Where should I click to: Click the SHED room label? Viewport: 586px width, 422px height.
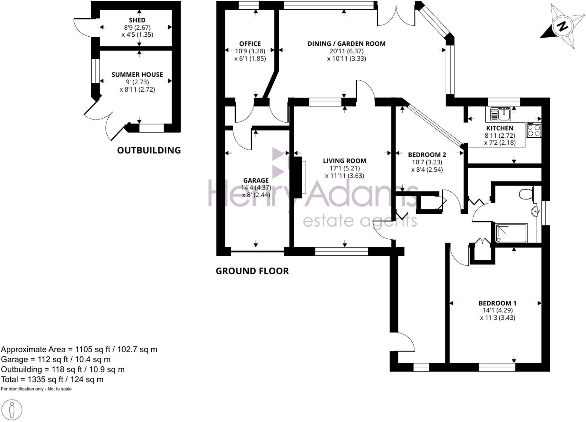[x=137, y=20]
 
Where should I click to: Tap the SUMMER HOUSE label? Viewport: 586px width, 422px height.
[x=137, y=75]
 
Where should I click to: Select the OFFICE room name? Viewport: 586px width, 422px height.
[x=250, y=44]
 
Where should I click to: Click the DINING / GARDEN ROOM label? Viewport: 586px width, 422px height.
[x=346, y=44]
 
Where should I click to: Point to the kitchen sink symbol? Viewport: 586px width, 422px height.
[x=502, y=114]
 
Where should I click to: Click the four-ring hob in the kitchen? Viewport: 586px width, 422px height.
[x=534, y=130]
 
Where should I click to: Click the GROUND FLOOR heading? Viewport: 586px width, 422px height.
[x=252, y=271]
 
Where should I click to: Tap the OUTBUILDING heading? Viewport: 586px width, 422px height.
[x=149, y=151]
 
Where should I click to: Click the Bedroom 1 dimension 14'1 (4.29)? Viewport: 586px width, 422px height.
[x=497, y=310]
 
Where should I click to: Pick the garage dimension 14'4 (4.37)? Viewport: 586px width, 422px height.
[x=256, y=188]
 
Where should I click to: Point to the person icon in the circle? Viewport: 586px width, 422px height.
[x=13, y=410]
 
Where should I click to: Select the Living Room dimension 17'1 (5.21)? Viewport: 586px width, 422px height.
[x=344, y=168]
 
